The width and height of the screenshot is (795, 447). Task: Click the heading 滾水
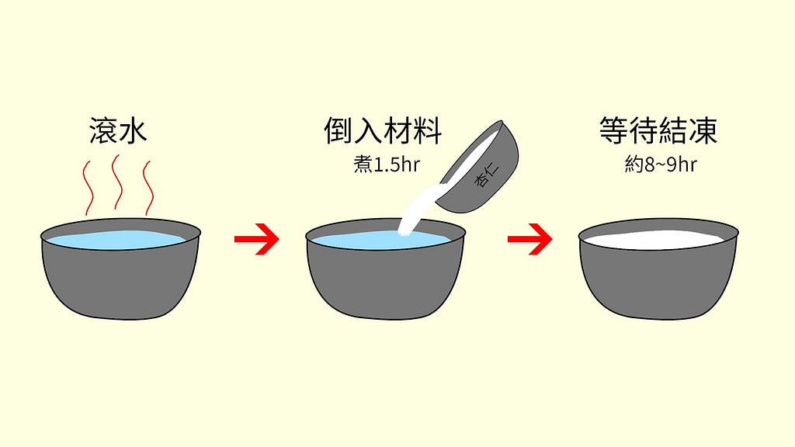118,130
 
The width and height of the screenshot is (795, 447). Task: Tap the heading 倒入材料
383,130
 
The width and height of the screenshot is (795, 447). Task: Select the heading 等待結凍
658,130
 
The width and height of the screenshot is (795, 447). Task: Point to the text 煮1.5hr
387,165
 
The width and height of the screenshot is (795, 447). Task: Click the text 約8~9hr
661,165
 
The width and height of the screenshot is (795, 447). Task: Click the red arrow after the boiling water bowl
256,239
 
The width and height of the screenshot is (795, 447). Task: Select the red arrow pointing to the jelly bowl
529,239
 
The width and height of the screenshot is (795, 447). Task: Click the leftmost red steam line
89,188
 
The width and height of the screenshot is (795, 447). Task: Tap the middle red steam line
117,182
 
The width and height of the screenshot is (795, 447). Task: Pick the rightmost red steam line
148,188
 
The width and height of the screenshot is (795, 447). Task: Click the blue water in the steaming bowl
118,239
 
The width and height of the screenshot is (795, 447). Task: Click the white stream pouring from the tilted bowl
420,210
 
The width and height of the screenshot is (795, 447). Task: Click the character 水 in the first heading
134,130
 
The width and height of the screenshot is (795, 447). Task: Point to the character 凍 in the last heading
703,130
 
